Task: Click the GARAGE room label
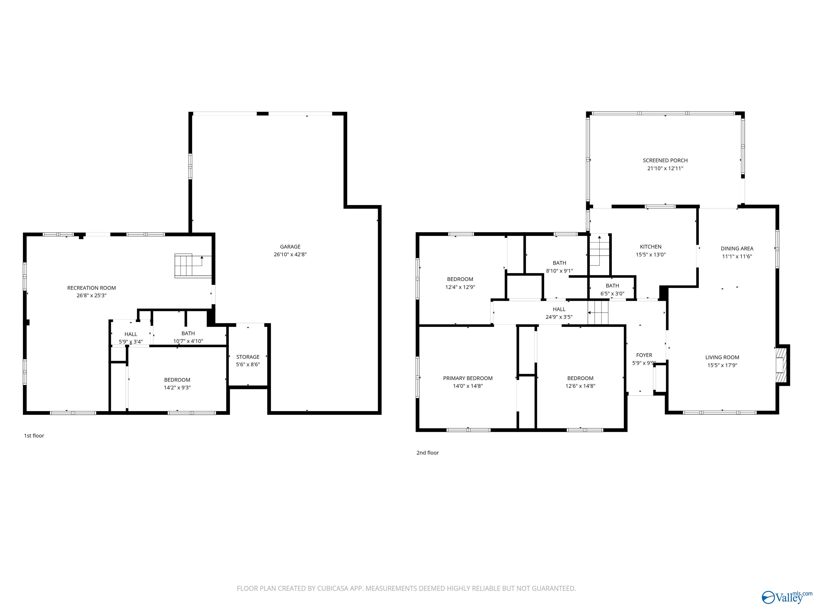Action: (x=290, y=247)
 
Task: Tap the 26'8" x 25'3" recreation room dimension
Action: (x=92, y=296)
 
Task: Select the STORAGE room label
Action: (x=248, y=357)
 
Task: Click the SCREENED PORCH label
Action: (x=665, y=160)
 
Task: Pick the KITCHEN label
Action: (x=651, y=247)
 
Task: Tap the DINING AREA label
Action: (x=737, y=248)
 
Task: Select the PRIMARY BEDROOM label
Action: (x=468, y=378)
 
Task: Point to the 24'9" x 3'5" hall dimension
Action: (x=559, y=317)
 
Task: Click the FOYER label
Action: (x=644, y=355)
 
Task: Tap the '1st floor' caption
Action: (x=34, y=436)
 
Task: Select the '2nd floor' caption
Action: (x=427, y=453)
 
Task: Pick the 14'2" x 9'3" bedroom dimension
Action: (x=177, y=388)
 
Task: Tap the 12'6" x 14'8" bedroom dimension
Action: (x=580, y=386)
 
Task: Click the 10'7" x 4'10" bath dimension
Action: (x=188, y=341)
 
